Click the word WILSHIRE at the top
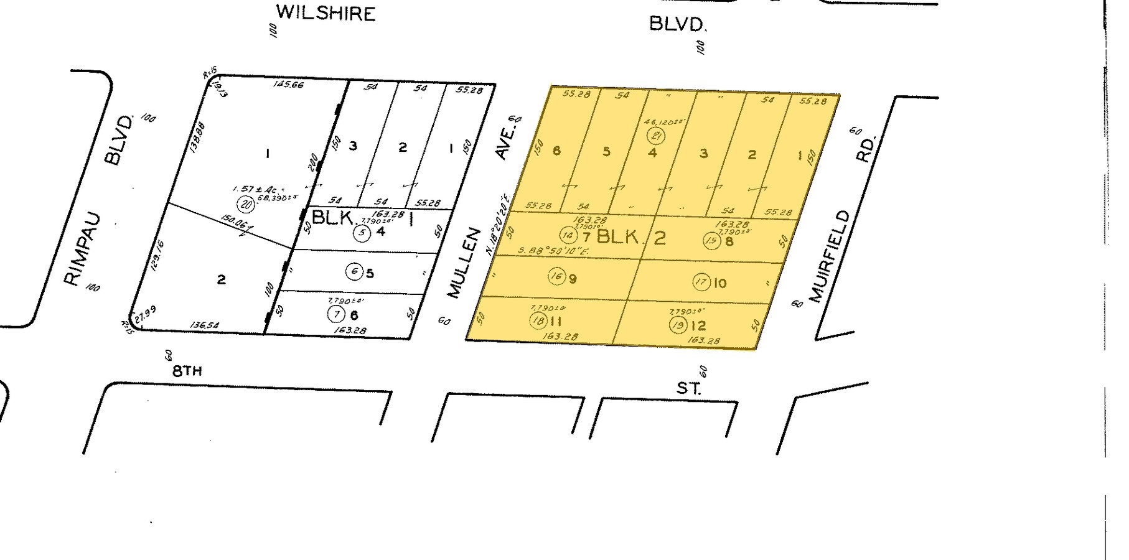pyautogui.click(x=326, y=12)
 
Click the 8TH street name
pyautogui.click(x=187, y=371)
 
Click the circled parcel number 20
pyautogui.click(x=246, y=202)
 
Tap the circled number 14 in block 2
pyautogui.click(x=568, y=235)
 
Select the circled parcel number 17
pyautogui.click(x=701, y=282)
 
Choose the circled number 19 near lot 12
pyautogui.click(x=678, y=325)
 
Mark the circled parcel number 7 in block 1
pyautogui.click(x=337, y=315)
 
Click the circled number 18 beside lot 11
pyautogui.click(x=538, y=321)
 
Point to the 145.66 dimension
pyautogui.click(x=288, y=84)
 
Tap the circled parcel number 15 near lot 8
pyautogui.click(x=712, y=240)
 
